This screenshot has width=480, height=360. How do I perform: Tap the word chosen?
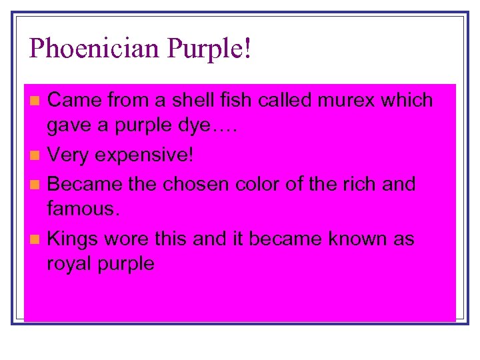193,183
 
